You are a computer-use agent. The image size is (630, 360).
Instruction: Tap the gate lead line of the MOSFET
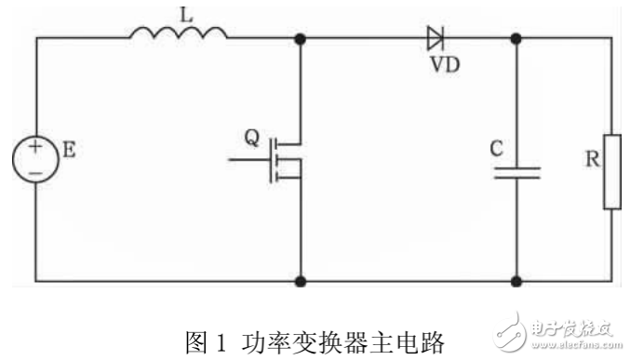click(246, 160)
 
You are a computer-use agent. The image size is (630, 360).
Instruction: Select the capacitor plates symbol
click(516, 173)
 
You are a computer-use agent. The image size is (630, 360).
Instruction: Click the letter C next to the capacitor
click(496, 147)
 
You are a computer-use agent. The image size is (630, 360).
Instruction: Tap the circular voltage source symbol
click(35, 159)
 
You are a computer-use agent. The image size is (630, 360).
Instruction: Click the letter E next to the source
click(69, 148)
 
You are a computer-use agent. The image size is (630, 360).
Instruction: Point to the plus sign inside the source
click(35, 147)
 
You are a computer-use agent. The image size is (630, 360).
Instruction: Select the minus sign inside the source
click(35, 172)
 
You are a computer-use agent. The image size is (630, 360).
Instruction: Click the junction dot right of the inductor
click(301, 40)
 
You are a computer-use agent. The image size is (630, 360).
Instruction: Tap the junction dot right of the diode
click(516, 40)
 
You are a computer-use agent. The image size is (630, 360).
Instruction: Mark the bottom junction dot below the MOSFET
click(301, 279)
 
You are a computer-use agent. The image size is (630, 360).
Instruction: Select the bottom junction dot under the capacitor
click(516, 279)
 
